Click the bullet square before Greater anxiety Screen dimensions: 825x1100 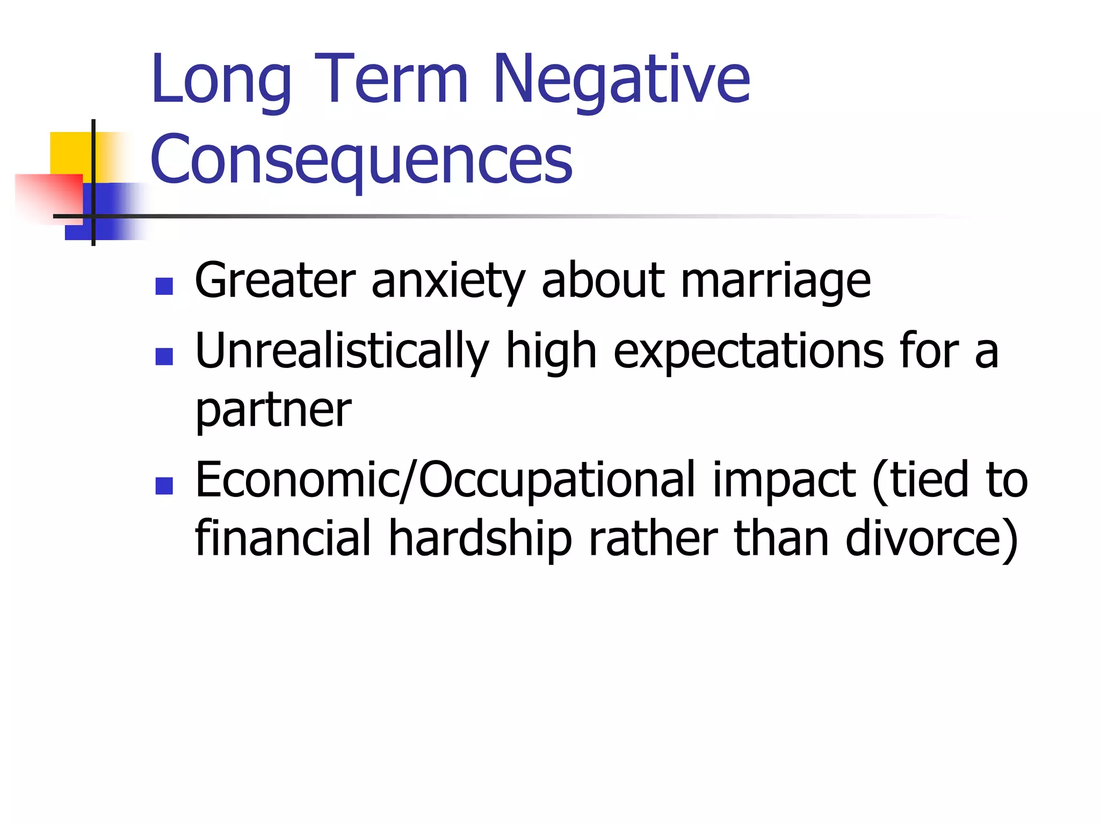(164, 286)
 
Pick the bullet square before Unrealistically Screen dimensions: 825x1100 (164, 356)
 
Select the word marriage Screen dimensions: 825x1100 (776, 281)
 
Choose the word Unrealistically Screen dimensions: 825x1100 (342, 352)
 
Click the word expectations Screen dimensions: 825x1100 (749, 352)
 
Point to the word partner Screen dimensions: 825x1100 (273, 411)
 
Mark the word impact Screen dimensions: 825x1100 (784, 480)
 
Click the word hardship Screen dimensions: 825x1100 (480, 538)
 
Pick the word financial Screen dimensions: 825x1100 (283, 538)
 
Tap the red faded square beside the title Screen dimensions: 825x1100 (46, 196)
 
